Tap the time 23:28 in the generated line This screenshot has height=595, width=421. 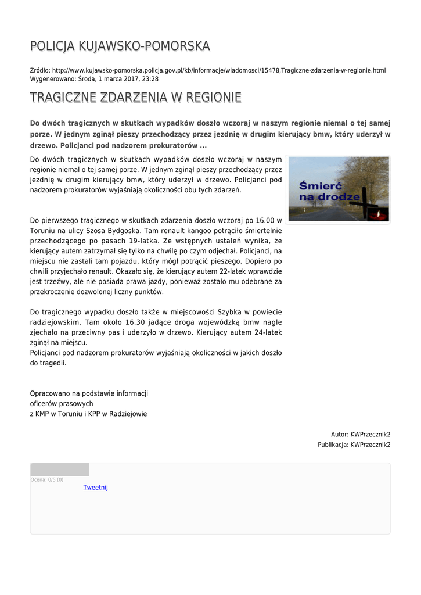(150, 78)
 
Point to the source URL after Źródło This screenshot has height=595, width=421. (219, 70)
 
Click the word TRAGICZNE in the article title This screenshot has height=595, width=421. (63, 97)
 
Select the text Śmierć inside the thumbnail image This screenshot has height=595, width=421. (319, 186)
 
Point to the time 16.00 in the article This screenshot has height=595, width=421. (264, 220)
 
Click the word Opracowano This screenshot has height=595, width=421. (51, 393)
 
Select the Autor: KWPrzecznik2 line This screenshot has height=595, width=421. (360, 434)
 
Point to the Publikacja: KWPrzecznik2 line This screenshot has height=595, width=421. (354, 445)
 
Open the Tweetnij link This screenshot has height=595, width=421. (96, 488)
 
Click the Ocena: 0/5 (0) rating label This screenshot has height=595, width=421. (47, 479)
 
